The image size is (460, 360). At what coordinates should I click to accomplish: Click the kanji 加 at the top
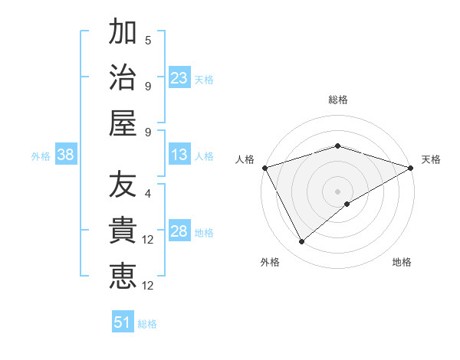(123, 34)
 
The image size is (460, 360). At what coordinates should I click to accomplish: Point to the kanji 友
(123, 186)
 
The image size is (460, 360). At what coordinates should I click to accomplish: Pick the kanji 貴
(123, 231)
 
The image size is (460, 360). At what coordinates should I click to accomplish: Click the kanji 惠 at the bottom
(123, 276)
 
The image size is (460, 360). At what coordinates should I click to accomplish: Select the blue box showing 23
(179, 78)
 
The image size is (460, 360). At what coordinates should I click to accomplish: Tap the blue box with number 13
(179, 155)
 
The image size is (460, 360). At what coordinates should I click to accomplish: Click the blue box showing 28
(179, 232)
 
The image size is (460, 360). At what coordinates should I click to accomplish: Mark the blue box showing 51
(122, 322)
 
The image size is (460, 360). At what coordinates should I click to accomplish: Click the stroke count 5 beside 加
(148, 40)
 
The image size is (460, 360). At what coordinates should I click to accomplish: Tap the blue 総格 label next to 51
(147, 324)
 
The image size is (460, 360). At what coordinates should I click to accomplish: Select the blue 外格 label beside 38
(41, 156)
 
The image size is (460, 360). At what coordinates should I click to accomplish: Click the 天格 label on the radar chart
(431, 159)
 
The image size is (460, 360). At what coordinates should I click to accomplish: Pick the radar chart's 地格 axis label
(402, 262)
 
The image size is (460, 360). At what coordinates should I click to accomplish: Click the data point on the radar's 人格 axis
(264, 168)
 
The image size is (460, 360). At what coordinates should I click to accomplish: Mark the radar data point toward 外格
(301, 242)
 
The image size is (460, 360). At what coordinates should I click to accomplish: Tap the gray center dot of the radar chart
(337, 191)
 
